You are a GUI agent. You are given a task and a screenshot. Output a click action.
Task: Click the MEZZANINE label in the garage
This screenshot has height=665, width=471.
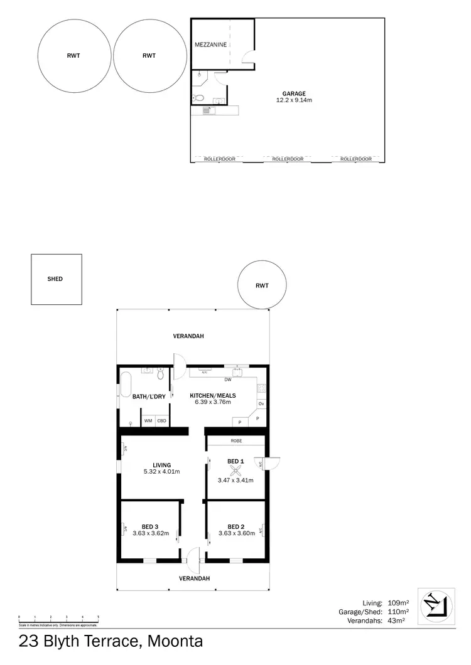(x=210, y=45)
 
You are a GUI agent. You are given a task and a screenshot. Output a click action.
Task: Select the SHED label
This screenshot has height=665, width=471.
(x=55, y=279)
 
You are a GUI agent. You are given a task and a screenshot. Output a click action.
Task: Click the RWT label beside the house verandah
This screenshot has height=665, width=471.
(x=262, y=285)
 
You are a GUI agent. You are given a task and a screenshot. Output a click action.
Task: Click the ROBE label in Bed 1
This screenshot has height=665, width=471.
(x=235, y=440)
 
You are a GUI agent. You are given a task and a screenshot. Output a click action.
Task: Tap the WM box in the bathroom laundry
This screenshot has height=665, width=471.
(x=148, y=420)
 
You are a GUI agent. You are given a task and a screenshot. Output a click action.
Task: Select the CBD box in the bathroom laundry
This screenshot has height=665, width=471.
(x=161, y=420)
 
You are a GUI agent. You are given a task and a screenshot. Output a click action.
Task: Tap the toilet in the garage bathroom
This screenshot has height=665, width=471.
(x=198, y=97)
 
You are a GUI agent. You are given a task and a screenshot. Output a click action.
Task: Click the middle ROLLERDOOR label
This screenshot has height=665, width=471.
(x=288, y=159)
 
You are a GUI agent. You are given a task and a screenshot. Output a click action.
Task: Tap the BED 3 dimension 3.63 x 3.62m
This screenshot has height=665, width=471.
(x=149, y=533)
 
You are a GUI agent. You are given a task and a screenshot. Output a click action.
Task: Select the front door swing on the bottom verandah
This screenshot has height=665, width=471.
(x=195, y=556)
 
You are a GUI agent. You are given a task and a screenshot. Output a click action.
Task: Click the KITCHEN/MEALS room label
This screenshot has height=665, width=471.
(x=213, y=395)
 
